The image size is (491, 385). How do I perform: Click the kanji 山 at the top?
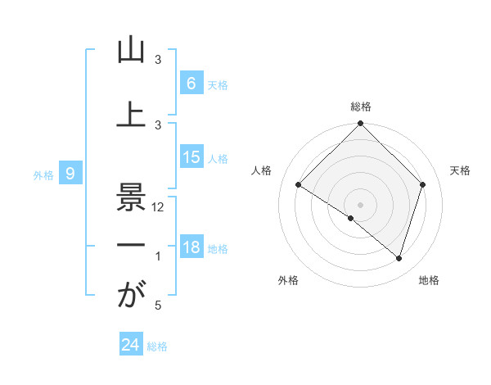(x=130, y=51)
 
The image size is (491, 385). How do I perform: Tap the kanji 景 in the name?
(x=130, y=197)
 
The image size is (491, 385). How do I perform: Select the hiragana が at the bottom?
(x=130, y=295)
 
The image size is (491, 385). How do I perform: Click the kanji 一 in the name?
(x=130, y=246)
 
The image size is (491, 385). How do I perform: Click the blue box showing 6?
(x=191, y=84)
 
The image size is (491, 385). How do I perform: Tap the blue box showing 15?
(x=191, y=157)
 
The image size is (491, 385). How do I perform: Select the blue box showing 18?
(x=191, y=247)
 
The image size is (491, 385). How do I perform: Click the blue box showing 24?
(x=130, y=345)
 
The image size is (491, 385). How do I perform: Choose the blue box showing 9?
(x=70, y=174)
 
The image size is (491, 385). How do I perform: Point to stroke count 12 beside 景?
(x=159, y=207)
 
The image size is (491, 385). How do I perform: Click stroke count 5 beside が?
(x=158, y=306)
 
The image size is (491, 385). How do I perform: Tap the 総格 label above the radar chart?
(x=361, y=106)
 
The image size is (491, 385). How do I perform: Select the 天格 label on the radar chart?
(x=461, y=170)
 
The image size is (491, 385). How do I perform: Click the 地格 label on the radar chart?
(x=429, y=280)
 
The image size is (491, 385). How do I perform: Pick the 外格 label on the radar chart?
(x=288, y=280)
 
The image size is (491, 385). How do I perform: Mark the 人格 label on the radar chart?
(x=262, y=170)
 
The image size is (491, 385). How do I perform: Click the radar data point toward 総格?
(x=361, y=125)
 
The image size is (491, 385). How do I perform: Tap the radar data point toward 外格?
(x=351, y=219)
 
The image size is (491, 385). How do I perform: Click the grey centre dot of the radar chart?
(x=361, y=204)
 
